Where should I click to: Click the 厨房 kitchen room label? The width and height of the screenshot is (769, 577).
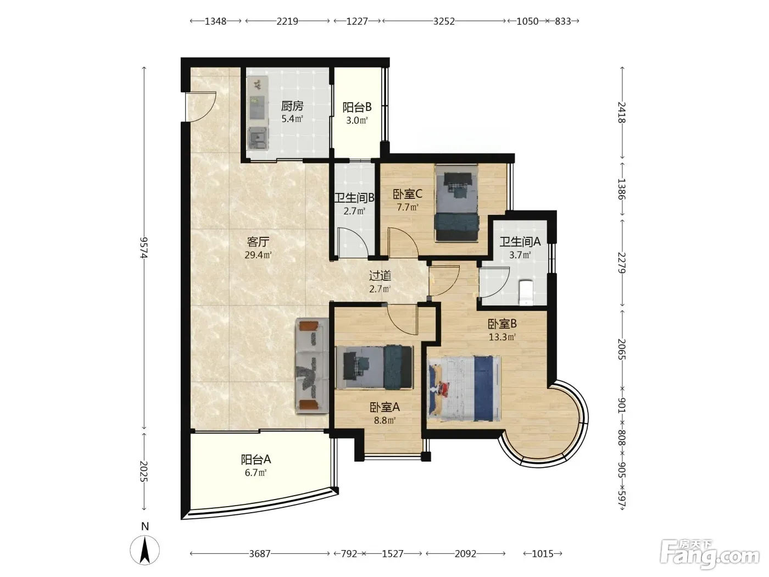[292, 106]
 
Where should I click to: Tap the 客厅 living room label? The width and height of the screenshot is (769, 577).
[258, 242]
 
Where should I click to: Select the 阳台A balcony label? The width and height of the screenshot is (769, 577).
[256, 459]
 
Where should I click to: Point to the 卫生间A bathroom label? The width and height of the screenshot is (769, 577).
[520, 241]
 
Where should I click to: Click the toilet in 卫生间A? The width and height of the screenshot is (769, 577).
[526, 292]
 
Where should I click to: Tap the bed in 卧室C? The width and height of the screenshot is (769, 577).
[456, 203]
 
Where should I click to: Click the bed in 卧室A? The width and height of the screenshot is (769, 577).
[374, 367]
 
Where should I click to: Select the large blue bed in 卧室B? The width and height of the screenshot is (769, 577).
[465, 388]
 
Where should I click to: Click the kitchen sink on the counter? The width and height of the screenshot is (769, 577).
[258, 138]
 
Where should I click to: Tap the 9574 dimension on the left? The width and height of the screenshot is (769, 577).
[144, 248]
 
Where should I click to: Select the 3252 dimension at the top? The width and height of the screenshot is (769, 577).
[444, 21]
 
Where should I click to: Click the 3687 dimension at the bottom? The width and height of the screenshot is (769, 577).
[260, 553]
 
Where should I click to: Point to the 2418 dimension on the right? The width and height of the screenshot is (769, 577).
[621, 112]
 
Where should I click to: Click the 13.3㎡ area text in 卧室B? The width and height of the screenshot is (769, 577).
[503, 337]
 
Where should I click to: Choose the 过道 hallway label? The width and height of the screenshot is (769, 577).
[380, 276]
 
